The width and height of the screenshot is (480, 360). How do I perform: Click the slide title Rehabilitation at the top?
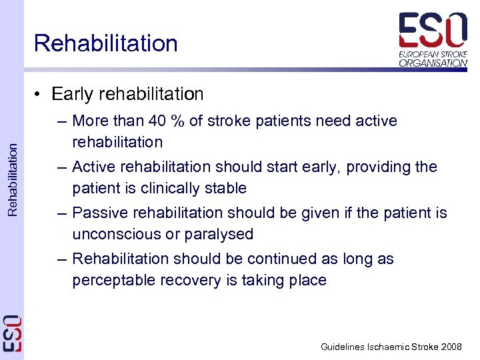pyautogui.click(x=106, y=43)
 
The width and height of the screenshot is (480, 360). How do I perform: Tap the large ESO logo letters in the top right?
pyautogui.click(x=433, y=30)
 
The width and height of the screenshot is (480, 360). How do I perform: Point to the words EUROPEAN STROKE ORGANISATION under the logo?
pyautogui.click(x=433, y=58)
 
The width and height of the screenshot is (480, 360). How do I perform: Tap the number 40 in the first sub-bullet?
pyautogui.click(x=157, y=121)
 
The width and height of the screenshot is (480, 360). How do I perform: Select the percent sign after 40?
pyautogui.click(x=177, y=121)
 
